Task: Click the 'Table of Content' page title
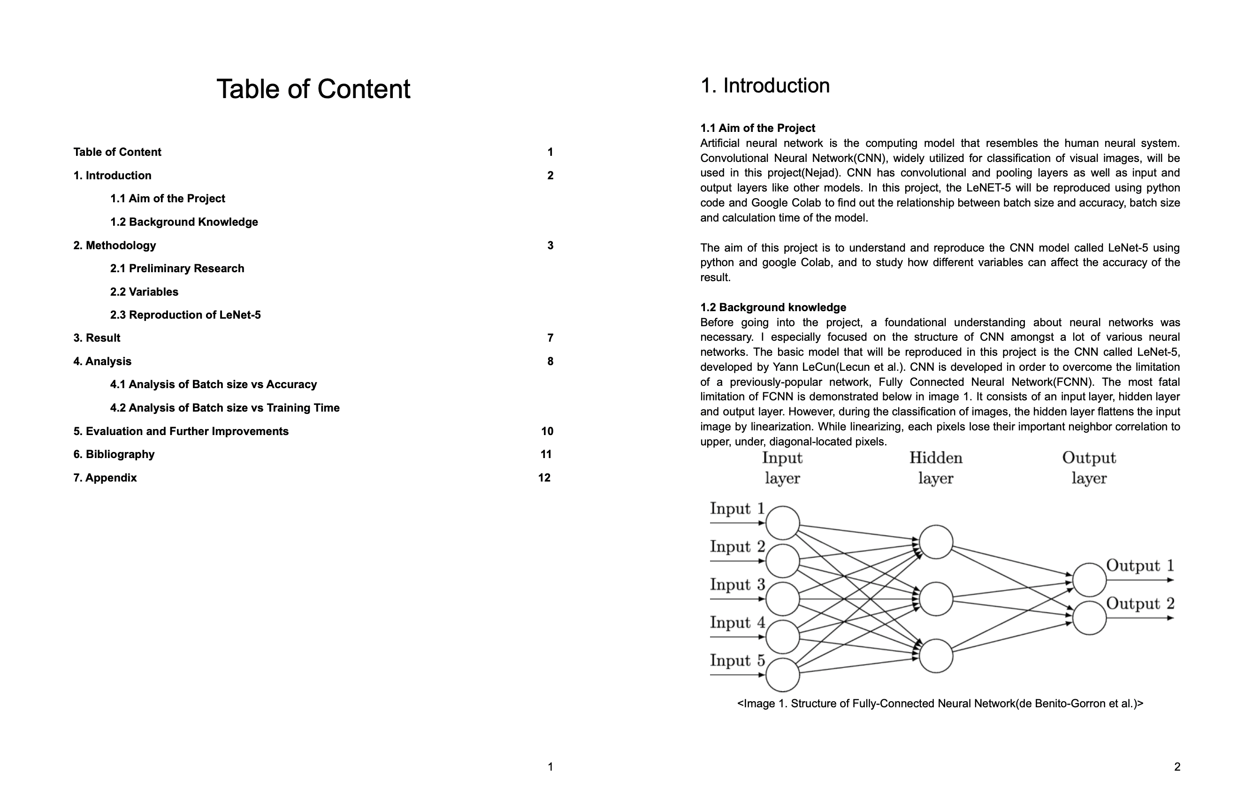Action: [x=313, y=89]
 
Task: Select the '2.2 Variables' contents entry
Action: [x=144, y=292]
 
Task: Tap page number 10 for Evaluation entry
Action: [x=547, y=431]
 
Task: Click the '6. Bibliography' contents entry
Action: [x=114, y=454]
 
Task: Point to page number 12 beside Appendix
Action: [x=544, y=478]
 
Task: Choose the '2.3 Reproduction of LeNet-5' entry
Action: [x=185, y=315]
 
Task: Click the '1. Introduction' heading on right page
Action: [x=764, y=86]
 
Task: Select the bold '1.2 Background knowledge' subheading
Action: [x=773, y=307]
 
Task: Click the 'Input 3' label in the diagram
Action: [x=737, y=585]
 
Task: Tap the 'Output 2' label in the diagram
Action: [x=1140, y=604]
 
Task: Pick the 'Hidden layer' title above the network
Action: [x=936, y=467]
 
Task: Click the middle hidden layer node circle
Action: [x=936, y=599]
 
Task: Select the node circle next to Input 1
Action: [x=782, y=523]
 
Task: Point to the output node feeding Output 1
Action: [x=1089, y=580]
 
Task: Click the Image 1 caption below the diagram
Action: [x=940, y=704]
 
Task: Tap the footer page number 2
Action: [x=1177, y=767]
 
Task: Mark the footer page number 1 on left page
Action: [x=550, y=767]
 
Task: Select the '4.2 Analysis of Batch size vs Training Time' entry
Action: [x=225, y=408]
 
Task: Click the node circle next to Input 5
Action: [x=782, y=674]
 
